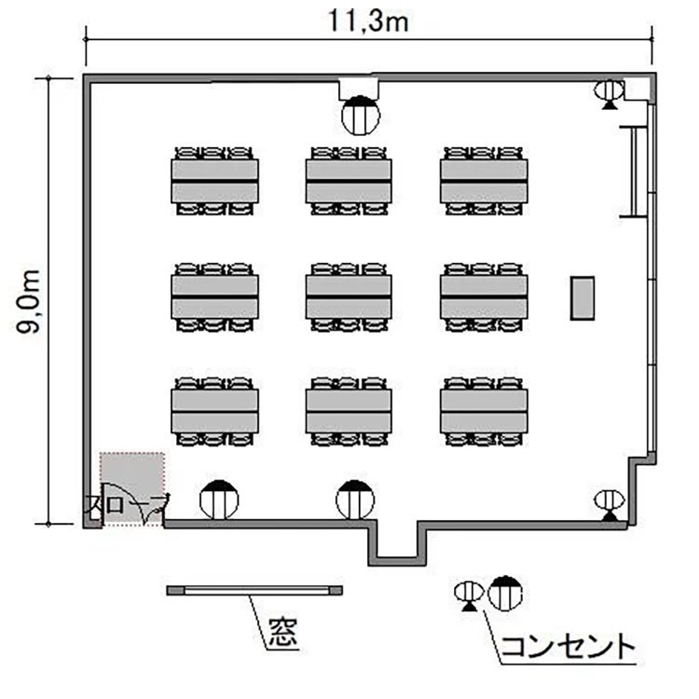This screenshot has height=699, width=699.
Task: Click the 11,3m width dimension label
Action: click(368, 21)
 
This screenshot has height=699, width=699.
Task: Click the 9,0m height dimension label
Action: click(28, 302)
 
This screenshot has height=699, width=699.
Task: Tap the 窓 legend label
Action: click(282, 632)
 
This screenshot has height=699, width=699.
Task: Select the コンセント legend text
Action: click(568, 647)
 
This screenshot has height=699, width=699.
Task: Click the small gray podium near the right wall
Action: click(582, 298)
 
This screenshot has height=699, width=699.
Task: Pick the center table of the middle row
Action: click(349, 297)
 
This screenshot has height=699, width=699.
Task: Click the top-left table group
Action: click(214, 181)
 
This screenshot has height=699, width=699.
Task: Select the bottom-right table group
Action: click(484, 411)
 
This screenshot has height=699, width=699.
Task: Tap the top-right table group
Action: click(484, 181)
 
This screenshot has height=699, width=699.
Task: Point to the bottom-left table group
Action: click(214, 411)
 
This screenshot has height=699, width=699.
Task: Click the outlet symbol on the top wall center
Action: click(361, 115)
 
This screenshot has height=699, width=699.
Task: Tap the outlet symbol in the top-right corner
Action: click(609, 94)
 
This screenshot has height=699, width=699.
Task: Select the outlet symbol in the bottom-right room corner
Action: click(610, 505)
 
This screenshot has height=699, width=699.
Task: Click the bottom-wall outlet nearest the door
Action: click(219, 500)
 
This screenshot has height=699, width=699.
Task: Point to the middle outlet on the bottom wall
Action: click(355, 500)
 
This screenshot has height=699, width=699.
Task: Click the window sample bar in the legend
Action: click(254, 591)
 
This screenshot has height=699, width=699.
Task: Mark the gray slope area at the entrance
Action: click(132, 488)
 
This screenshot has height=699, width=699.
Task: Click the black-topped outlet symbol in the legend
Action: click(505, 594)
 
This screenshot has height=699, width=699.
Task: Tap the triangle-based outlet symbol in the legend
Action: click(469, 596)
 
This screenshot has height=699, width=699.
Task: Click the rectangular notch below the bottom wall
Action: click(397, 545)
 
